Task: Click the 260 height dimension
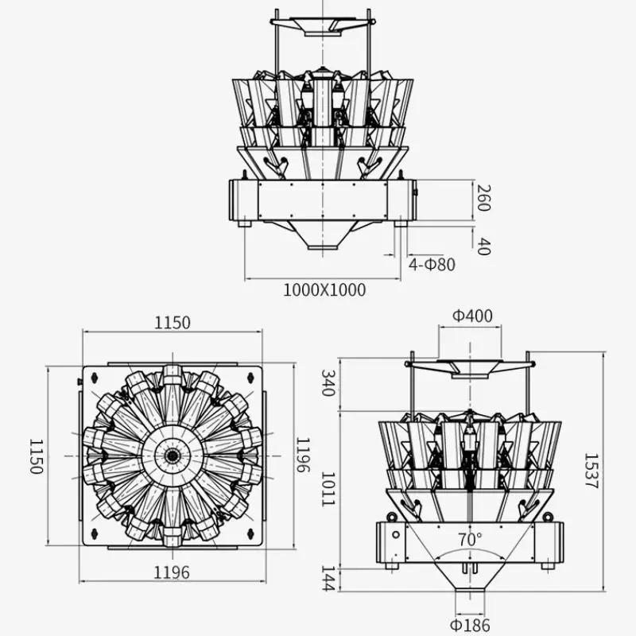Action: click(x=483, y=197)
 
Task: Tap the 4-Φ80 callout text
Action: click(x=432, y=265)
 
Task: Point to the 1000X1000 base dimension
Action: click(x=324, y=290)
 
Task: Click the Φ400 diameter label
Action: click(x=472, y=316)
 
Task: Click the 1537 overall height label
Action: click(x=591, y=471)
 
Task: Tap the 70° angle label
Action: click(x=470, y=539)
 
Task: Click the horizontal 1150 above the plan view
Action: click(x=172, y=323)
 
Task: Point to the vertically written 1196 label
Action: click(x=303, y=455)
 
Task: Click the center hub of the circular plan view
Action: click(x=172, y=455)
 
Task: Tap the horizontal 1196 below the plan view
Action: click(x=172, y=572)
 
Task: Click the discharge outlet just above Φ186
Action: click(x=470, y=598)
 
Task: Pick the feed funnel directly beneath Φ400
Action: click(x=470, y=367)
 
